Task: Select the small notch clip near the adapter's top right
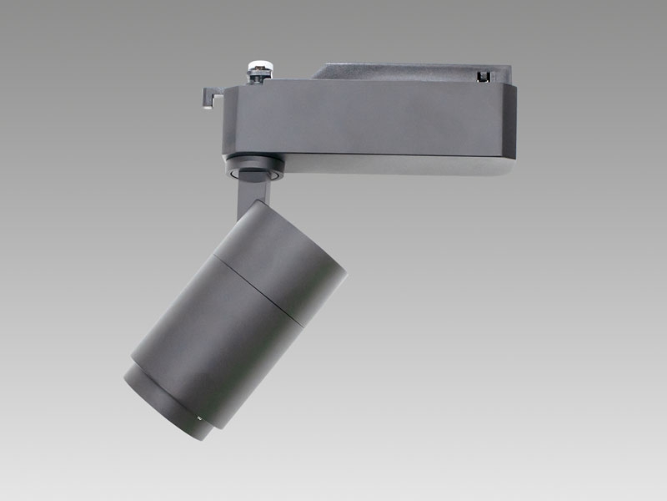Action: click(x=481, y=76)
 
